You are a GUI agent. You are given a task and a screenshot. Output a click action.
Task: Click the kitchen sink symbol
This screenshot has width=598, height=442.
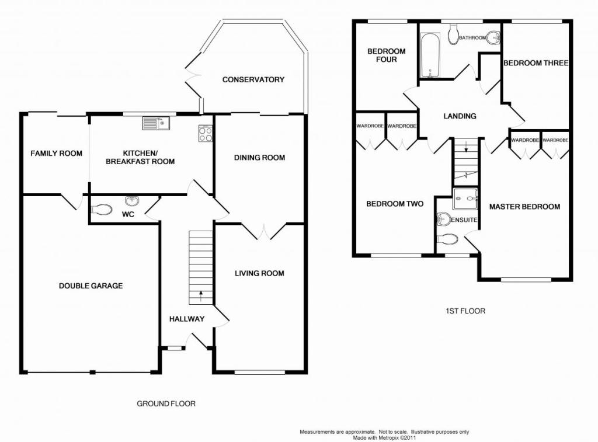pos(157,123)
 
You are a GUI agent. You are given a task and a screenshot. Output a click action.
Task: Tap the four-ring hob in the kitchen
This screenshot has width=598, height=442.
pos(206,134)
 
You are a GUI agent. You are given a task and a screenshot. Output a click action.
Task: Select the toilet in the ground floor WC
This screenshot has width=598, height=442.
pos(102,210)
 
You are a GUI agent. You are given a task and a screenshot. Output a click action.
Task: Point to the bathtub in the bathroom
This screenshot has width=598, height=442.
pos(430,55)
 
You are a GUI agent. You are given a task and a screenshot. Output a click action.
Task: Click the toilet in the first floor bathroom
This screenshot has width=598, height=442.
pos(454,34)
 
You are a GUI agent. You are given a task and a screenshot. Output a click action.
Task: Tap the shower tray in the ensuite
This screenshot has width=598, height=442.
pos(465,199)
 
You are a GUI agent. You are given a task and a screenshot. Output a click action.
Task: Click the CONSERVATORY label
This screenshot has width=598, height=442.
pos(253,79)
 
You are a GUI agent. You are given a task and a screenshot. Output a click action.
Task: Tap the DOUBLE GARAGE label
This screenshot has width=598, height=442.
pos(91,286)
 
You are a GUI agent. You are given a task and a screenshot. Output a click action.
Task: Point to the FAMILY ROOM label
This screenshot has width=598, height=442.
pos(57,154)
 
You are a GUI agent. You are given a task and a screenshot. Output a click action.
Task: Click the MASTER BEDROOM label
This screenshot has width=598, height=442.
pos(524,207)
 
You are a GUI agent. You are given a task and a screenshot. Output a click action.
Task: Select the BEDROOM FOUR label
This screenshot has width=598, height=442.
pos(387,55)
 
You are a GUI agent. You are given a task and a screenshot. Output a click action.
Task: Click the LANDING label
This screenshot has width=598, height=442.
pos(460,116)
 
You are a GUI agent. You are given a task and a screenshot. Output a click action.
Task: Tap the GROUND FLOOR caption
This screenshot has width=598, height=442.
pos(166,403)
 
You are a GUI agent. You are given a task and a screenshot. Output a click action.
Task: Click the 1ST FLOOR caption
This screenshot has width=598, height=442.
pos(465,311)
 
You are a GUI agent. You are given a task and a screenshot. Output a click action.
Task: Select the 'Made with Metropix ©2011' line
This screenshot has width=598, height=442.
pos(384,438)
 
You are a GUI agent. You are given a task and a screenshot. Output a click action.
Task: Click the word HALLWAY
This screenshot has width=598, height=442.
pos(187,319)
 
